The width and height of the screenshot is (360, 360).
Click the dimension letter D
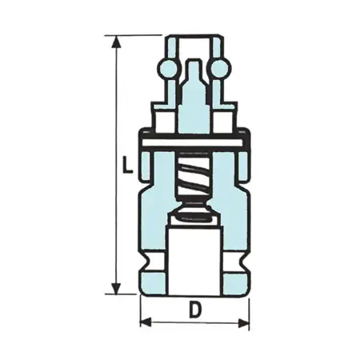pyautogui.click(x=194, y=308)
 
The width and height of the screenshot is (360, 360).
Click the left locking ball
pyautogui.click(x=168, y=70)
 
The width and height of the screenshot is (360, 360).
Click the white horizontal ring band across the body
pyautogui.click(x=194, y=143)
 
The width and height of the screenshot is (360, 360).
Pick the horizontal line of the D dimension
pyautogui.click(x=194, y=322)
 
